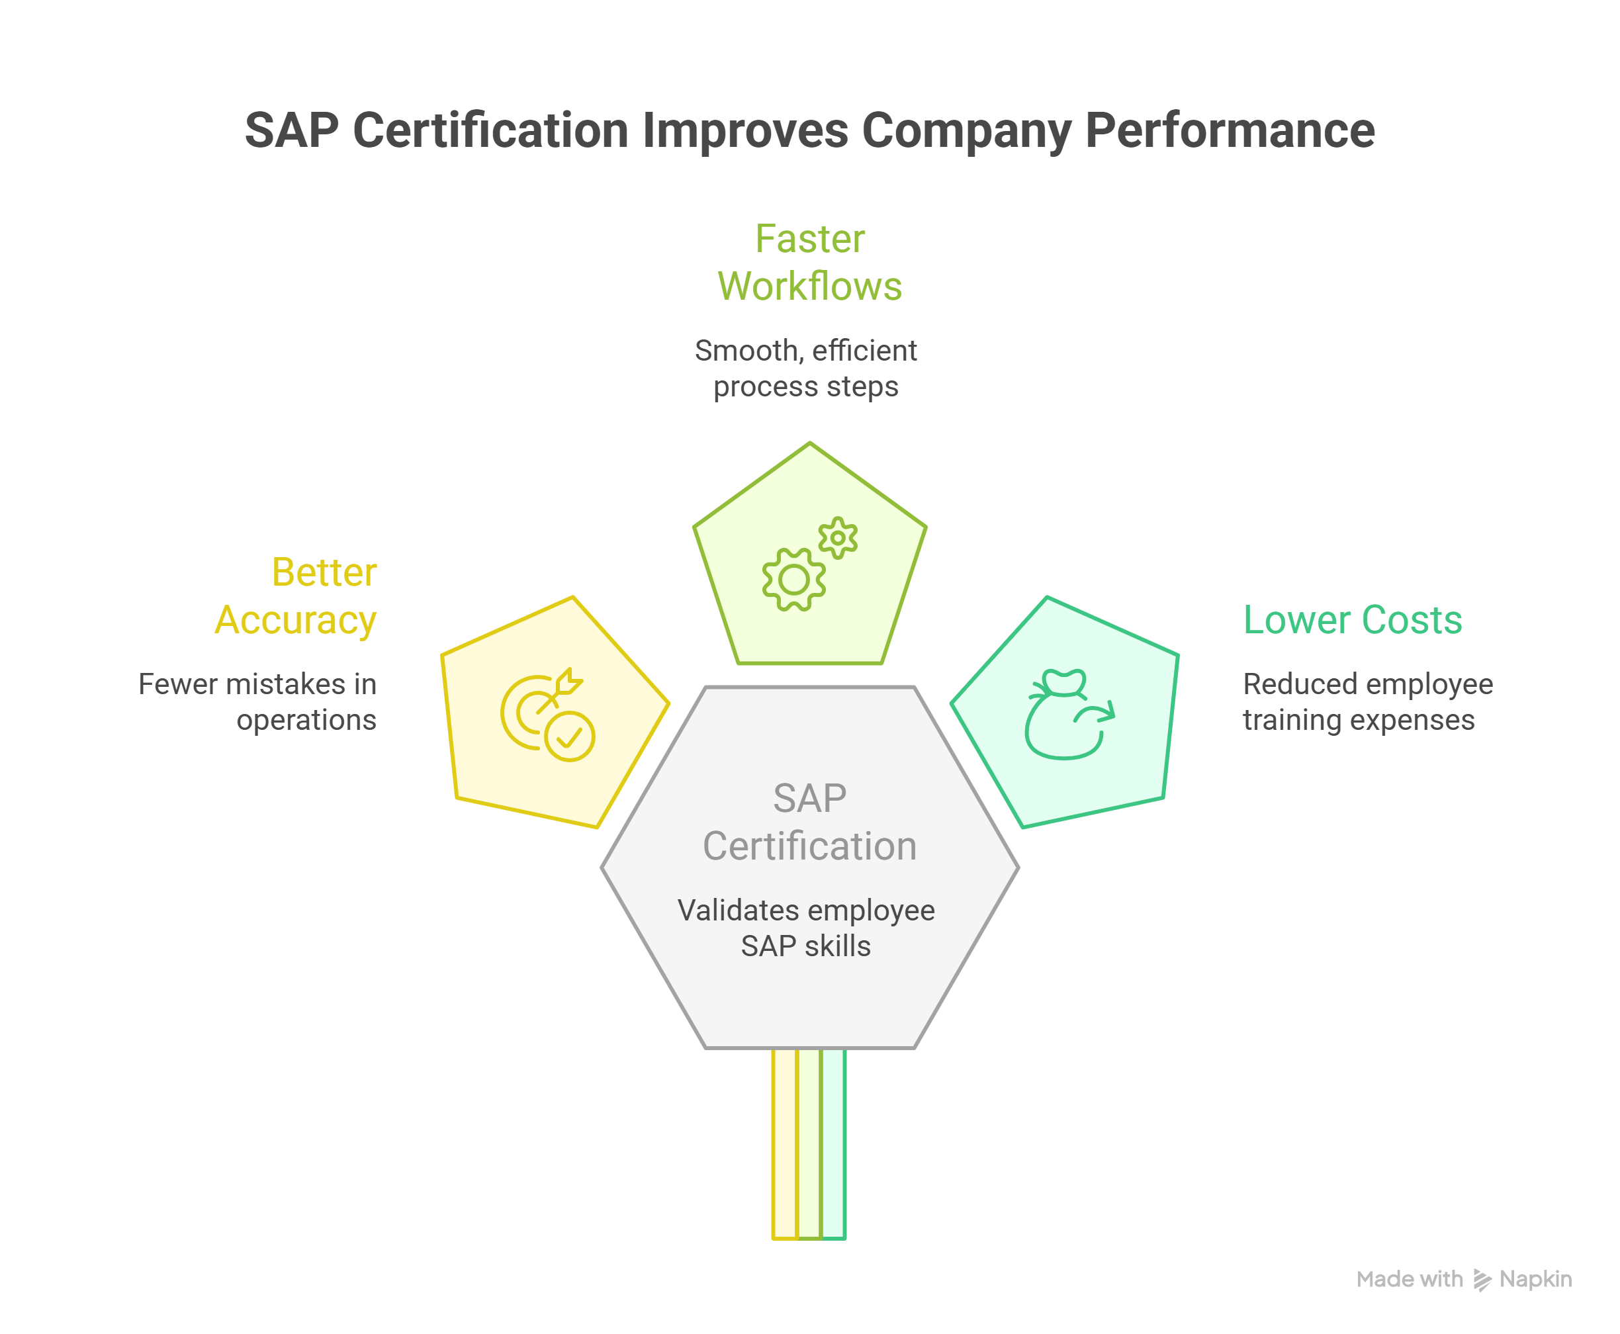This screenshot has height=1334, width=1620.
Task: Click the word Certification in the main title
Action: pos(492,130)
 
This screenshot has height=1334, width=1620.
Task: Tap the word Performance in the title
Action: pos(1229,130)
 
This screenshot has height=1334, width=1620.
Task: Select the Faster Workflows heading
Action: pos(809,262)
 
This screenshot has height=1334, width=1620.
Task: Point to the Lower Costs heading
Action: pos(1352,620)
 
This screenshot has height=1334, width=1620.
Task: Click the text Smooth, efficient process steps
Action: pos(805,368)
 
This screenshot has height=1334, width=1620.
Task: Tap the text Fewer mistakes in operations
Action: pos(258,701)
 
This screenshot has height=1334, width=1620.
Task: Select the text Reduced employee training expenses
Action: pos(1367,701)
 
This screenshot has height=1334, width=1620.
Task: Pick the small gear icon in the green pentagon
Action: pos(838,538)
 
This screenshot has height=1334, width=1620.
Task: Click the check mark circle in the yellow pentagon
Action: pos(570,737)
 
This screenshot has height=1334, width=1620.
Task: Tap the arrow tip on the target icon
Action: pos(570,682)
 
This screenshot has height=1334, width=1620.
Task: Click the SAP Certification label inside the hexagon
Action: pos(809,823)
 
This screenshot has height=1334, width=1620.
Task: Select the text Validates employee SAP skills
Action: pos(805,928)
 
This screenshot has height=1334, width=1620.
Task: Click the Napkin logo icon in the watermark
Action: pos(1481,1280)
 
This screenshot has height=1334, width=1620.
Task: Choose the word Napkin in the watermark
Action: pos(1535,1280)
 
